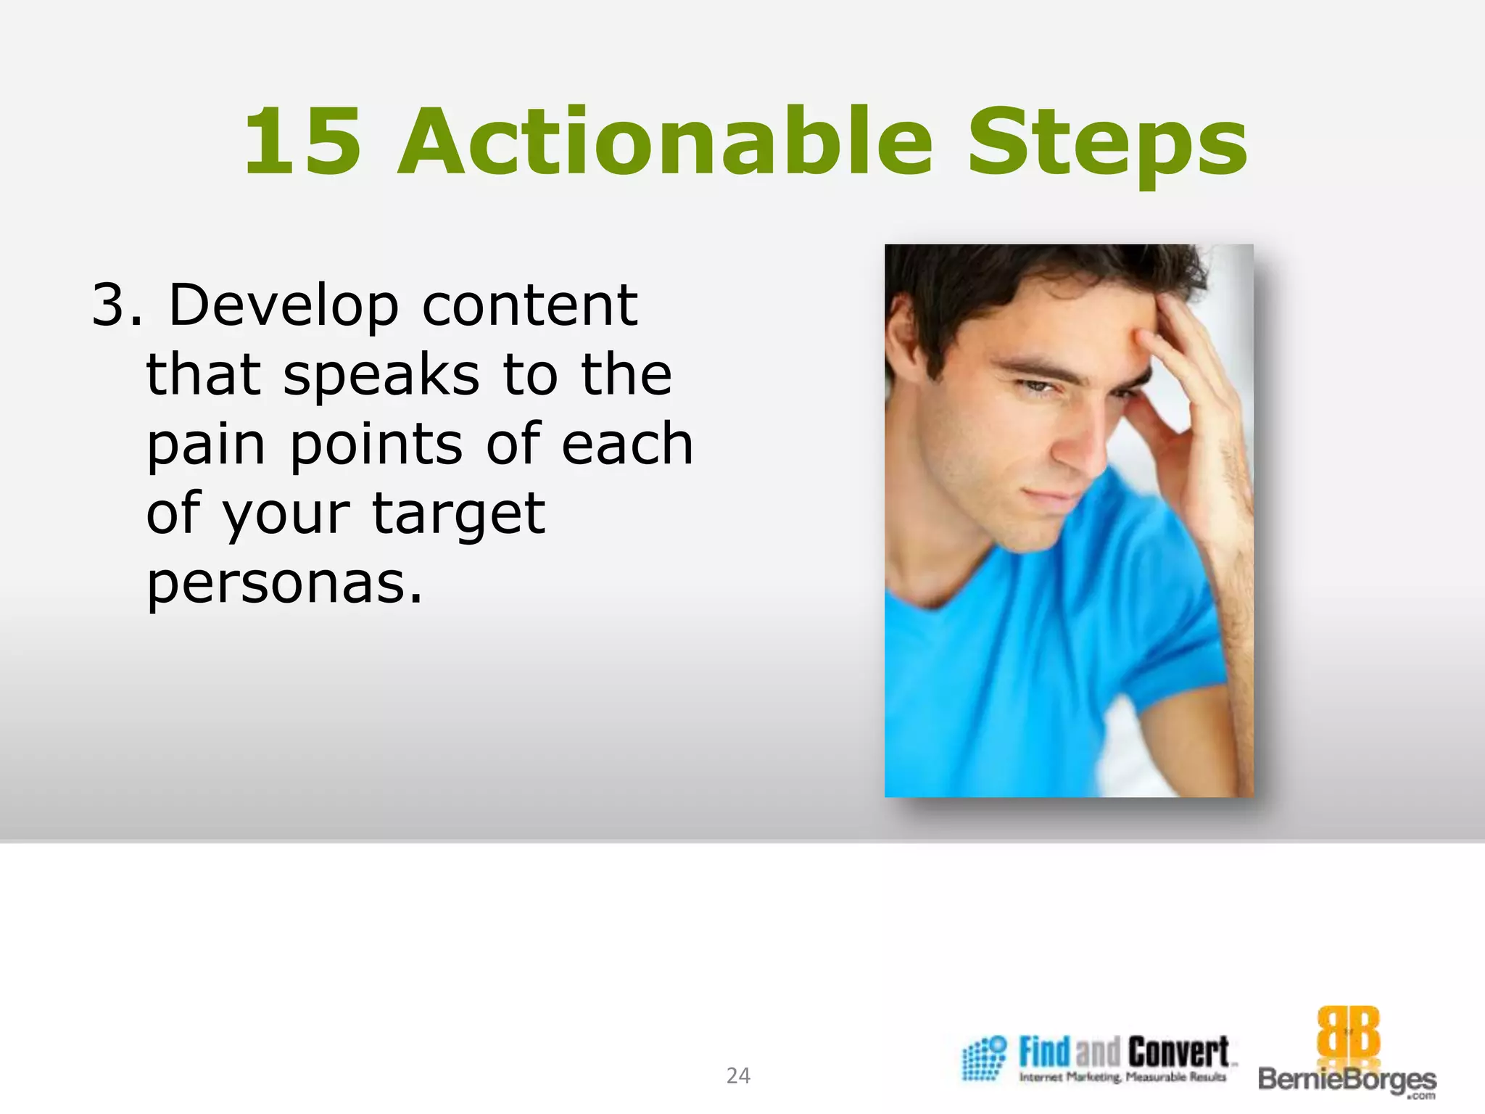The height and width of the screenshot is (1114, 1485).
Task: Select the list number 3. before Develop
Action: click(116, 305)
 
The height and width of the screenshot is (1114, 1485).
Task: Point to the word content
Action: click(529, 305)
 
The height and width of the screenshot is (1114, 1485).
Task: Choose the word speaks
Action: click(381, 376)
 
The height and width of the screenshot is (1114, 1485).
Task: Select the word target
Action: click(458, 514)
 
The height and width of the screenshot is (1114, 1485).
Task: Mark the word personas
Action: click(284, 584)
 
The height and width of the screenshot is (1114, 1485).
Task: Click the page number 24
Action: click(738, 1076)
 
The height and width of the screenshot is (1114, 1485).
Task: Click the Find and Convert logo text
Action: click(1124, 1051)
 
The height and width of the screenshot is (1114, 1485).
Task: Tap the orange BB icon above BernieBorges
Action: click(1348, 1033)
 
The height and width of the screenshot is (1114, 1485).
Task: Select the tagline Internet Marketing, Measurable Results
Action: click(1122, 1078)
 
